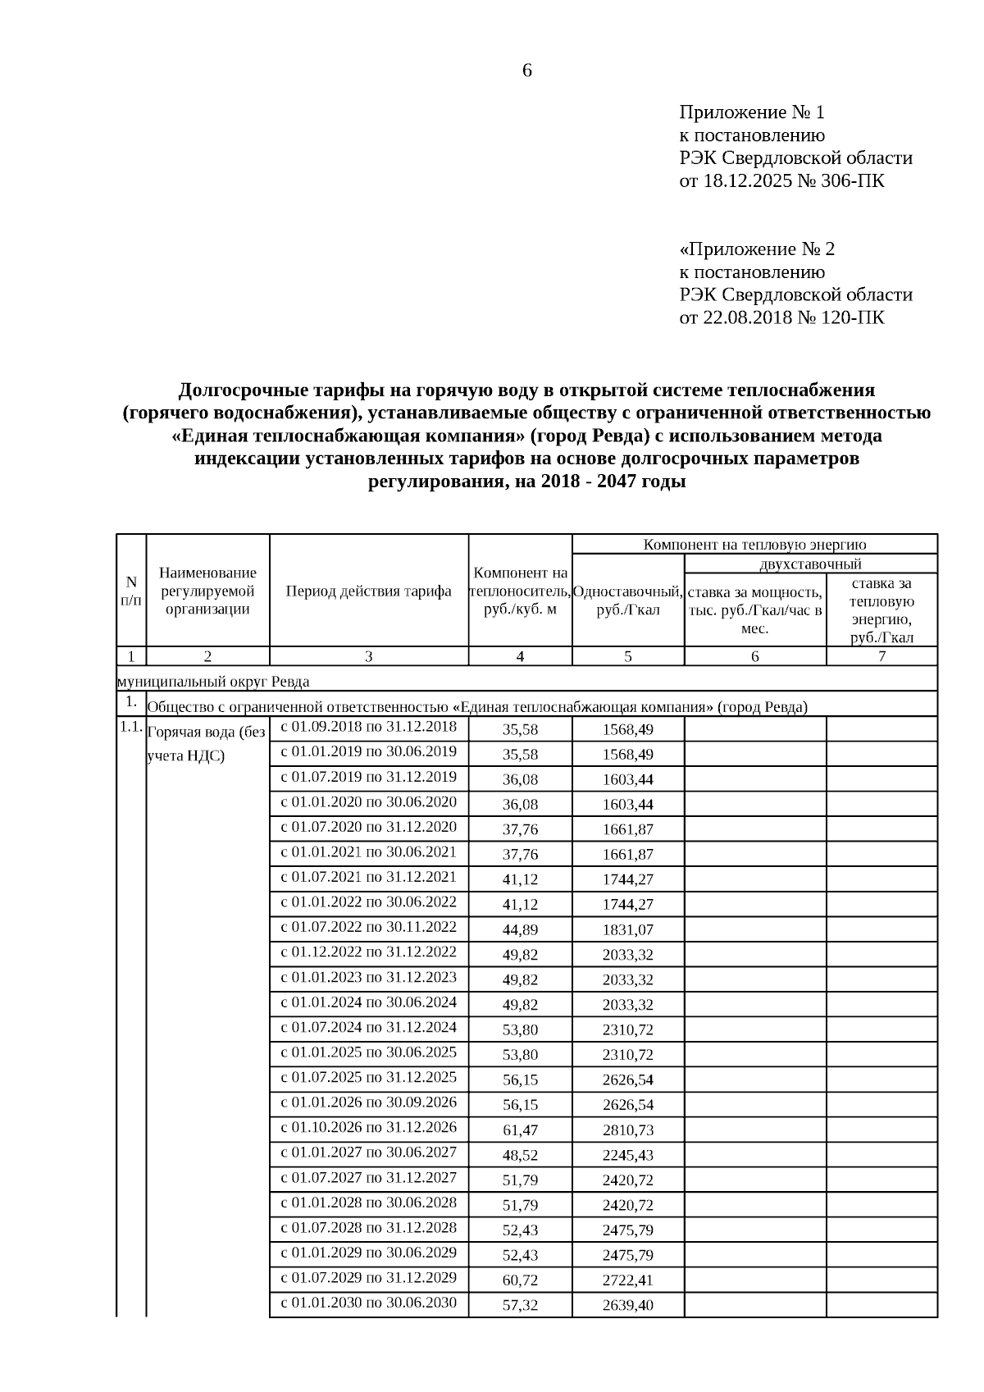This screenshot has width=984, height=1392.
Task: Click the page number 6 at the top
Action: pyautogui.click(x=526, y=71)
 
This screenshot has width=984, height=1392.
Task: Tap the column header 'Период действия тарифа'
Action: pyautogui.click(x=368, y=591)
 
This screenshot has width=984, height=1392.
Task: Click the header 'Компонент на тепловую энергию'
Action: pyautogui.click(x=754, y=545)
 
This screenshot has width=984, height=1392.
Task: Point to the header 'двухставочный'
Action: pyautogui.click(x=810, y=564)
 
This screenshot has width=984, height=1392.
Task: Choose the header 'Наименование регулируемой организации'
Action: pyautogui.click(x=207, y=591)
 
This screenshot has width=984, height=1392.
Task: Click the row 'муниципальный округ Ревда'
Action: pyautogui.click(x=213, y=682)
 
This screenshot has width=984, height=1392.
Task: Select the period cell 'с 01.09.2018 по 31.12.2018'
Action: pyautogui.click(x=368, y=727)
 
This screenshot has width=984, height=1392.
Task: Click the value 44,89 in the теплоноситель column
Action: pyautogui.click(x=520, y=929)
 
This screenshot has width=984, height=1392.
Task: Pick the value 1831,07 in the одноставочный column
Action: pyautogui.click(x=627, y=929)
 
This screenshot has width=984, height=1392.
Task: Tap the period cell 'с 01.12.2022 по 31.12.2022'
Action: pyautogui.click(x=368, y=952)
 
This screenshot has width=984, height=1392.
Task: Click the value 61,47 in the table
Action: pyautogui.click(x=520, y=1130)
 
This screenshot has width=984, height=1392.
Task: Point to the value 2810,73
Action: pyautogui.click(x=627, y=1130)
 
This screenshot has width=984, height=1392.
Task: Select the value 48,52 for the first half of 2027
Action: pyautogui.click(x=520, y=1155)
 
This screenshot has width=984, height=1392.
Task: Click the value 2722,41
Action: pyautogui.click(x=627, y=1280)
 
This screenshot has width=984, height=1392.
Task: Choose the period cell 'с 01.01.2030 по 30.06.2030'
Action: pyautogui.click(x=368, y=1303)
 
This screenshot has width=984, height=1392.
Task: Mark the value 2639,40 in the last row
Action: pyautogui.click(x=627, y=1305)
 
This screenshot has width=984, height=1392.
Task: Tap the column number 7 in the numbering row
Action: pyautogui.click(x=881, y=656)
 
